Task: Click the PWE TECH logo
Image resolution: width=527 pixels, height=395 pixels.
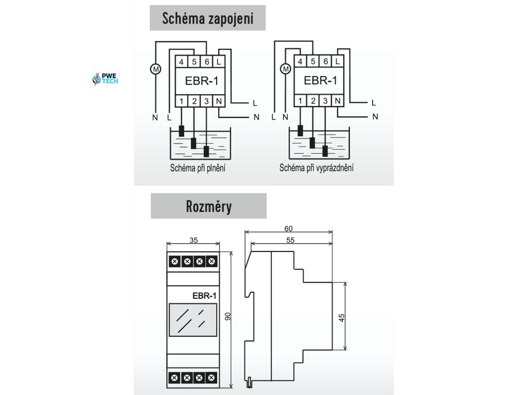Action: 105,79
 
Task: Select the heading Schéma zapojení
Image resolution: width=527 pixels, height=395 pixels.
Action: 208,19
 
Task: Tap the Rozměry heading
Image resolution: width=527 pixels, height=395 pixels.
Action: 208,206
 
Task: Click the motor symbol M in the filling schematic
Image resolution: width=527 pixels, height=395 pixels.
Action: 155,68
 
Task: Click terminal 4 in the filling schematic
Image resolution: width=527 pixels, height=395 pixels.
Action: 182,62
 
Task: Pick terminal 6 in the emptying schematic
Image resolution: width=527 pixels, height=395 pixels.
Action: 326,62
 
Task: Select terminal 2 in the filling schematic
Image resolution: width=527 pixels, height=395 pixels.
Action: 194,101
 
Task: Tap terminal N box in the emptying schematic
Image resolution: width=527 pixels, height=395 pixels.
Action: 338,101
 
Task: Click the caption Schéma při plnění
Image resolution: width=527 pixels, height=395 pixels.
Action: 199,168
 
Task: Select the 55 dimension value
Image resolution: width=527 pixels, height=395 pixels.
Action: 291,240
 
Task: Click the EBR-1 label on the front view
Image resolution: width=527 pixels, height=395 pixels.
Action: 204,296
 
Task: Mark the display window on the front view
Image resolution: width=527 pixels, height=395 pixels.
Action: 191,320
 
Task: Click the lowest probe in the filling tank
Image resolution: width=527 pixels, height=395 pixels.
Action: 206,151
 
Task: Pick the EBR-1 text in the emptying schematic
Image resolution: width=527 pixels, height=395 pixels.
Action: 320,81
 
